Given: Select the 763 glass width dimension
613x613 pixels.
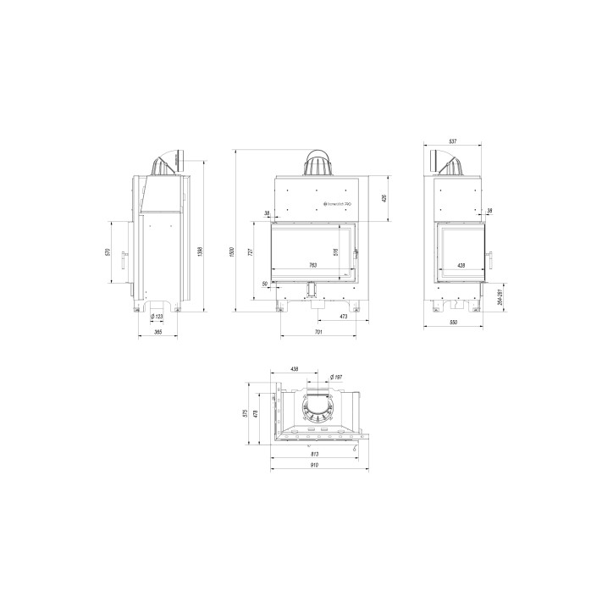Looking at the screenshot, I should pos(312,266).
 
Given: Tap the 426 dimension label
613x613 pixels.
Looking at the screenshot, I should pos(384,198).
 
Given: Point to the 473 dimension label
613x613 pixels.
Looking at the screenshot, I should pos(342,318).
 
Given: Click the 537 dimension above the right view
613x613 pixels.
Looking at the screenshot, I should pos(453,142).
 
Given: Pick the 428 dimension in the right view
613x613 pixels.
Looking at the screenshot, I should pos(461,266).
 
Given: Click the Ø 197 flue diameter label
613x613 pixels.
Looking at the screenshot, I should pos(334,377).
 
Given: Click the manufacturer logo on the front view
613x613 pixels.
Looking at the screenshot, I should pos(338,204).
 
